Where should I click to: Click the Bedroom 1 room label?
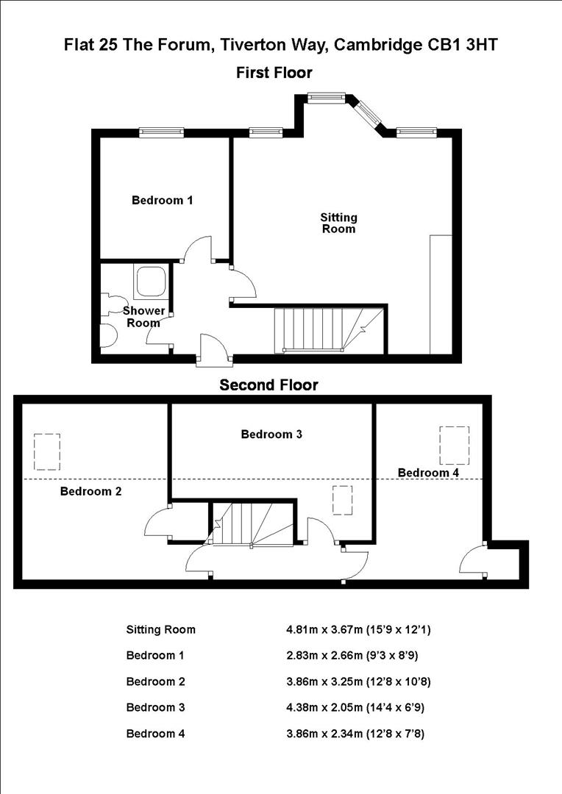point(162,200)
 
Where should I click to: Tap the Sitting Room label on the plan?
point(338,223)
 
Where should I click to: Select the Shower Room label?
point(143,317)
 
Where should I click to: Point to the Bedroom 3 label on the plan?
point(271,434)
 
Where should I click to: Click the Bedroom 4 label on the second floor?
point(428,473)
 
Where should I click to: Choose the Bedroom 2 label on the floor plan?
point(90,491)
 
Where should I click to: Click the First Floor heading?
point(274,73)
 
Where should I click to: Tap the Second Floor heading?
point(268,385)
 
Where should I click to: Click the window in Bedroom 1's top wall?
point(162,132)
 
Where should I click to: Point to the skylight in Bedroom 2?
point(47,451)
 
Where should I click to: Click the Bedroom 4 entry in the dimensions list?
point(155,733)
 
